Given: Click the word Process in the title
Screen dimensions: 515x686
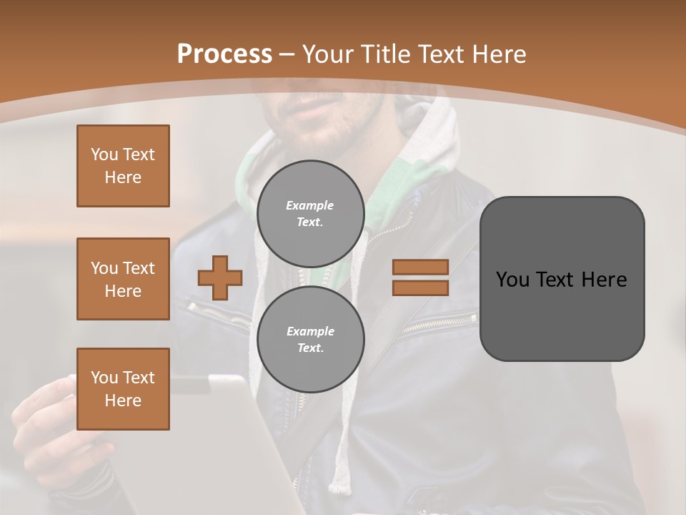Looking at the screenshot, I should coord(224,54).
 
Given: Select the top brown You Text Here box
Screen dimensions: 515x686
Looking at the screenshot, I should coord(123,166).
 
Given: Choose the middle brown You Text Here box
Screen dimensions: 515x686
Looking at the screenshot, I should coord(123,279).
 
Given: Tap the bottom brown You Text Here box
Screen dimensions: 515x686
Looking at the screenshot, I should coord(123,389).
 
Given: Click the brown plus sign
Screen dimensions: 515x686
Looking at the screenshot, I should coord(220,278).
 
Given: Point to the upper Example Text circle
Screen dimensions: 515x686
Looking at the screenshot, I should coord(310,213).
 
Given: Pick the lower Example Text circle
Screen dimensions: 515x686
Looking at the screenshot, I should coord(310,339).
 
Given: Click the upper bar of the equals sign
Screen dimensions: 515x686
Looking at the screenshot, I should coord(420,268).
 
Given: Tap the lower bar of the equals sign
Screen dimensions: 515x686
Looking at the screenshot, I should coord(420,288).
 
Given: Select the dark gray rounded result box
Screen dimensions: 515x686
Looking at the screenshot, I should coord(562,279).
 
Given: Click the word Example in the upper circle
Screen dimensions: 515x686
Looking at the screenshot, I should coord(310,205).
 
